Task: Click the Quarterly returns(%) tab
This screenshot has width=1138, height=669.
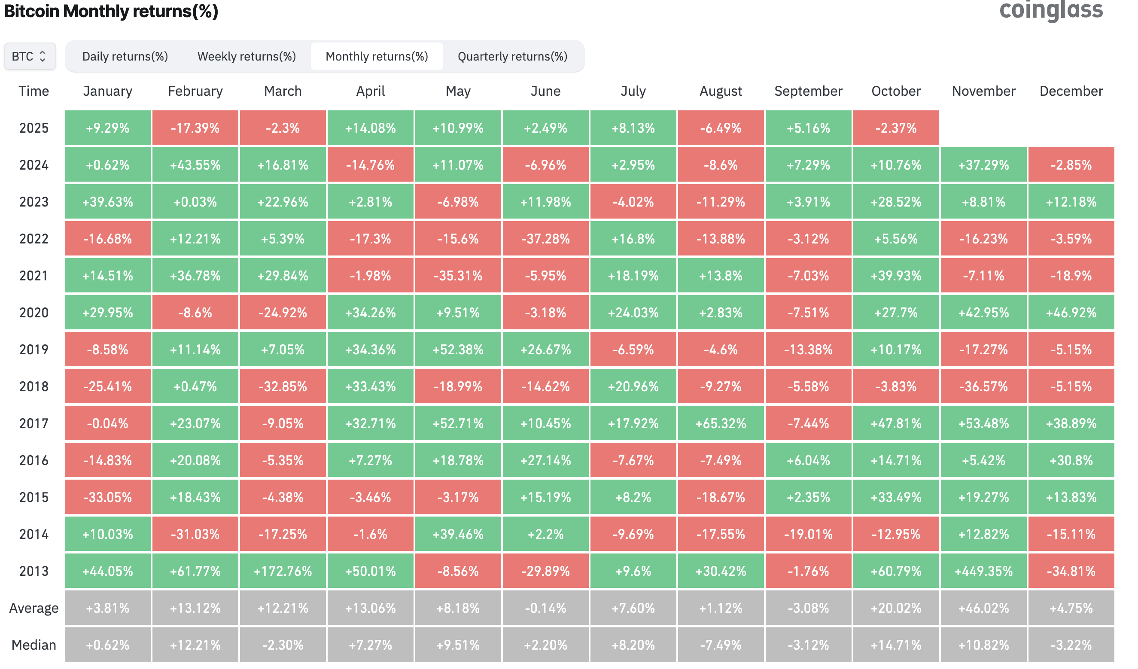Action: coord(512,56)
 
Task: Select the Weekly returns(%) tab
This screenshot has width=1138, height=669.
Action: coord(246,56)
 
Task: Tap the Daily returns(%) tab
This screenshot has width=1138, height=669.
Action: coord(125,56)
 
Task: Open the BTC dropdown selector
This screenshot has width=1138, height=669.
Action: coord(30,56)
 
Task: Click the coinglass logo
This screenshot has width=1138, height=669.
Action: coord(1051,10)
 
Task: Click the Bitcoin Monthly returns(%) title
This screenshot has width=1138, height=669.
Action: coord(111,11)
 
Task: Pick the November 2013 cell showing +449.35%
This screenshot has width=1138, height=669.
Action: coord(983,571)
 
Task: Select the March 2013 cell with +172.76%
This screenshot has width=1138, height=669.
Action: coord(283,571)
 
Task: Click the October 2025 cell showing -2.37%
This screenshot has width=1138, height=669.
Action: coord(895,128)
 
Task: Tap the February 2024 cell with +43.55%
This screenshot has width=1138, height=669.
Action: coord(195,165)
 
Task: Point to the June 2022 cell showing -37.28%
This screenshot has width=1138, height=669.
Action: coord(545,238)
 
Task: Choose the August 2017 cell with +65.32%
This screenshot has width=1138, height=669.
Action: coord(721,423)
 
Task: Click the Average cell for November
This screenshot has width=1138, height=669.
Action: coord(983,608)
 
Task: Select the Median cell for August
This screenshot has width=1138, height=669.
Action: coord(721,645)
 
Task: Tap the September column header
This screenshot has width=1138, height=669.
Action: coord(808,91)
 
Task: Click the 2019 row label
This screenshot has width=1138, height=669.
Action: coord(34,350)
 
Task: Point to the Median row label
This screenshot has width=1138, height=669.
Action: coord(34,645)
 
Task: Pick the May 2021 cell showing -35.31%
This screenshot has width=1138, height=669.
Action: coord(458,275)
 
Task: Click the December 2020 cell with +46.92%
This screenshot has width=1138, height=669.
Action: coord(1071,312)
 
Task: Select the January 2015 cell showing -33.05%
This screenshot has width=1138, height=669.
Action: coord(107,497)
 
